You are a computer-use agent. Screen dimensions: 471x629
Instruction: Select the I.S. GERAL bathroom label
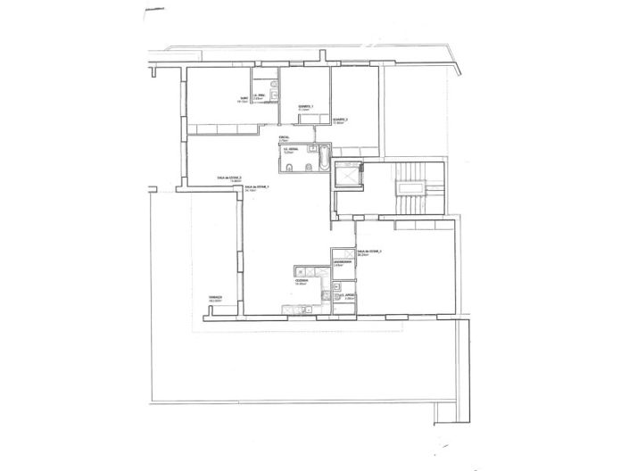tap(290, 149)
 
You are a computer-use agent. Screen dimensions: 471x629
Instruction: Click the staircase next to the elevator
tap(412, 188)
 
